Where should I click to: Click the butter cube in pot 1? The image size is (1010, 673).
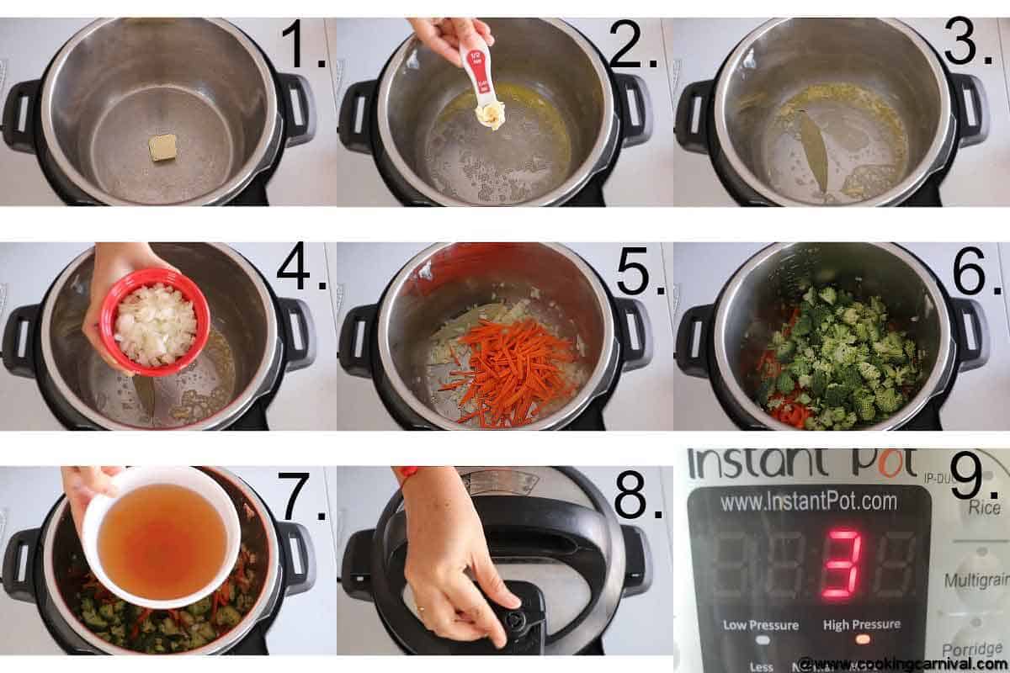pos(162,146)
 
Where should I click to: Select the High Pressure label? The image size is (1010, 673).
pos(861,624)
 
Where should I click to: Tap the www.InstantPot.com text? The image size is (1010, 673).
pos(809,503)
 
